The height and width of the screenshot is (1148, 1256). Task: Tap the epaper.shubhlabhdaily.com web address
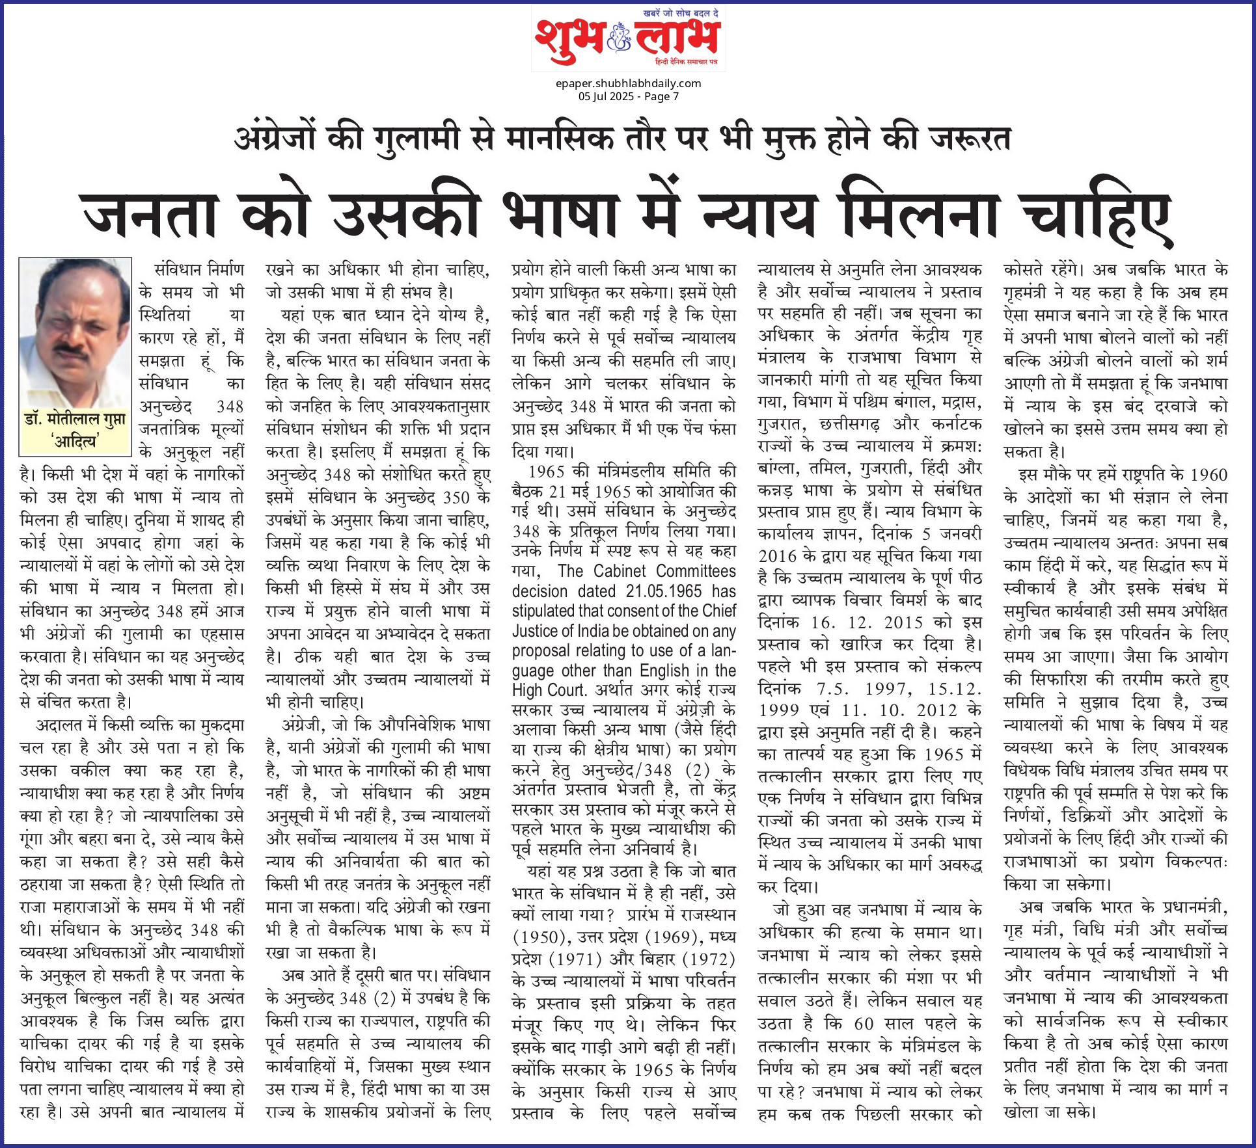pos(628,83)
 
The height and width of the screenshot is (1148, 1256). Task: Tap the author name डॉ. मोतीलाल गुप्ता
pos(75,420)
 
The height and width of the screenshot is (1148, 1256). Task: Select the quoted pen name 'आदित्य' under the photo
pos(75,442)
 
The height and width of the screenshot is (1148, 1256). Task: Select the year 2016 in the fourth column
pos(778,556)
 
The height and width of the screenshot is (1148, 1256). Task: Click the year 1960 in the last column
pos(1208,475)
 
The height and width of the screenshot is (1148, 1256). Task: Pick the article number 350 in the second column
pos(456,498)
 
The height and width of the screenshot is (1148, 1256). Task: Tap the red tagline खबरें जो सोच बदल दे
pos(681,13)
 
